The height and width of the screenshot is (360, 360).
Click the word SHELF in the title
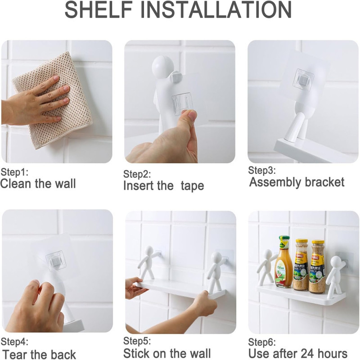(99, 9)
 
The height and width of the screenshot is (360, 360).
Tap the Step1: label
(14, 172)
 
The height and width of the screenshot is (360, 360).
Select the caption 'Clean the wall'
(38, 184)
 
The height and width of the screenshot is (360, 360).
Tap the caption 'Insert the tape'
(163, 185)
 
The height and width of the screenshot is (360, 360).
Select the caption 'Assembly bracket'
(297, 182)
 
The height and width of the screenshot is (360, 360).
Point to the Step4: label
(14, 342)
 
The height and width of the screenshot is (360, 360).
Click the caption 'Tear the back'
(39, 354)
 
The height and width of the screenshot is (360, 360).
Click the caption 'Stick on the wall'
(167, 353)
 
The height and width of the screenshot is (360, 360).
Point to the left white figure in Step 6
(268, 266)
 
